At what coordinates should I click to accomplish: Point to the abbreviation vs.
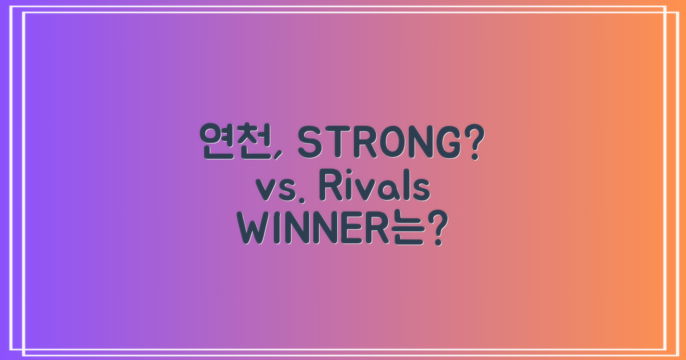(280, 190)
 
